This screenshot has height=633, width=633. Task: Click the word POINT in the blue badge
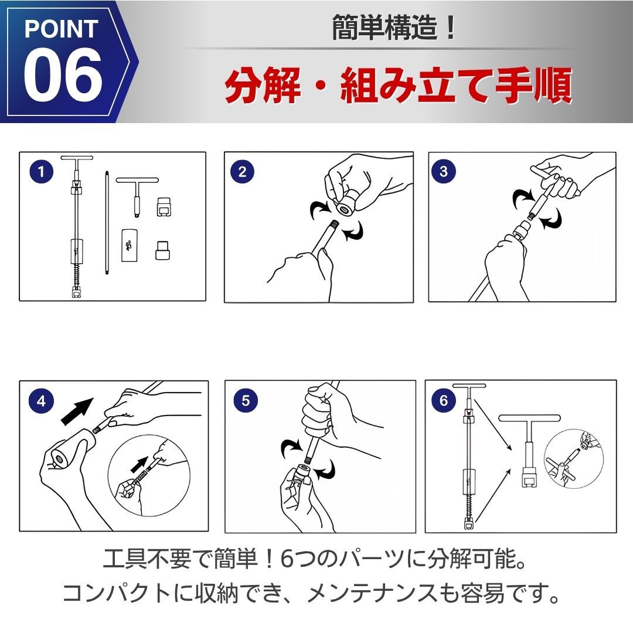(x=62, y=29)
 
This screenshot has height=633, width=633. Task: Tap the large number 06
(x=63, y=75)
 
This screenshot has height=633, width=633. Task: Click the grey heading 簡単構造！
(x=393, y=28)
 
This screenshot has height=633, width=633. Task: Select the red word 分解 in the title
(x=263, y=86)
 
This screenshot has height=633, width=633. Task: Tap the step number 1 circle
(x=42, y=172)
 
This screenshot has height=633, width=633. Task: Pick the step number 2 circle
(x=242, y=172)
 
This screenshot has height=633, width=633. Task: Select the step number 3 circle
(x=444, y=171)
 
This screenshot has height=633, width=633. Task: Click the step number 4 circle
(x=41, y=401)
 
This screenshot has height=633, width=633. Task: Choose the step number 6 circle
(x=444, y=400)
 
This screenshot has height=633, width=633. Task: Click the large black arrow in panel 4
(x=77, y=411)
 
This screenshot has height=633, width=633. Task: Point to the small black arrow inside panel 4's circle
(x=139, y=465)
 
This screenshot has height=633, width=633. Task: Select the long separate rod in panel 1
(x=107, y=223)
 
